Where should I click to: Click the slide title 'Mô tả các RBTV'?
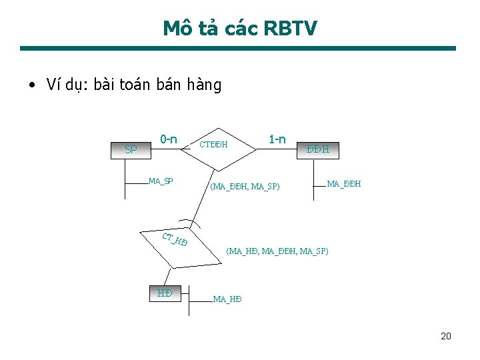[240, 28]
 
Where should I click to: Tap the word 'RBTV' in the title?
[291, 28]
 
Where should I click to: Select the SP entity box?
[131, 150]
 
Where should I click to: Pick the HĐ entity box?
[165, 293]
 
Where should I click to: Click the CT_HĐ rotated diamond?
[175, 241]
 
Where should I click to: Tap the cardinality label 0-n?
[168, 139]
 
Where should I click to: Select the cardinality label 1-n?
[277, 139]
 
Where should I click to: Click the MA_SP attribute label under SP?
[161, 181]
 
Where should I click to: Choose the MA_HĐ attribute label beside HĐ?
[227, 299]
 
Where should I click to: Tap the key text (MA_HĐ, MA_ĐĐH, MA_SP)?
[277, 251]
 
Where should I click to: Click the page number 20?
[446, 336]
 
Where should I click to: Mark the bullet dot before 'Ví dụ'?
[31, 86]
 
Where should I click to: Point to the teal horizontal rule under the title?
[238, 48]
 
